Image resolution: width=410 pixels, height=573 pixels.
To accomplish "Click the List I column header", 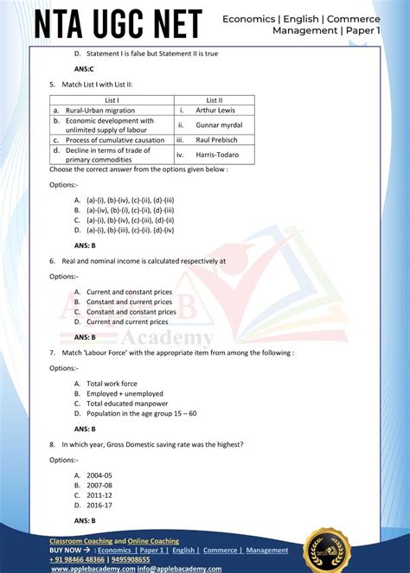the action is [x=112, y=100].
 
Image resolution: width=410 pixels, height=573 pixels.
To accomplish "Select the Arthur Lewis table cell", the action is [x=213, y=111].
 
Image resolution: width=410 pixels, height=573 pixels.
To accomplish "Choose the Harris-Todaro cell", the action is [x=213, y=155].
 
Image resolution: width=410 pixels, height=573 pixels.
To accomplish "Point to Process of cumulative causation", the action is [x=115, y=139].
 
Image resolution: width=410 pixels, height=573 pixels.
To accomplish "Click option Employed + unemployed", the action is [x=125, y=393].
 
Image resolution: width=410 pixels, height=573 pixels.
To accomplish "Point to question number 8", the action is [x=53, y=444].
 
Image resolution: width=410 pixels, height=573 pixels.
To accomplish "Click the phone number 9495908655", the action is [x=125, y=559].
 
